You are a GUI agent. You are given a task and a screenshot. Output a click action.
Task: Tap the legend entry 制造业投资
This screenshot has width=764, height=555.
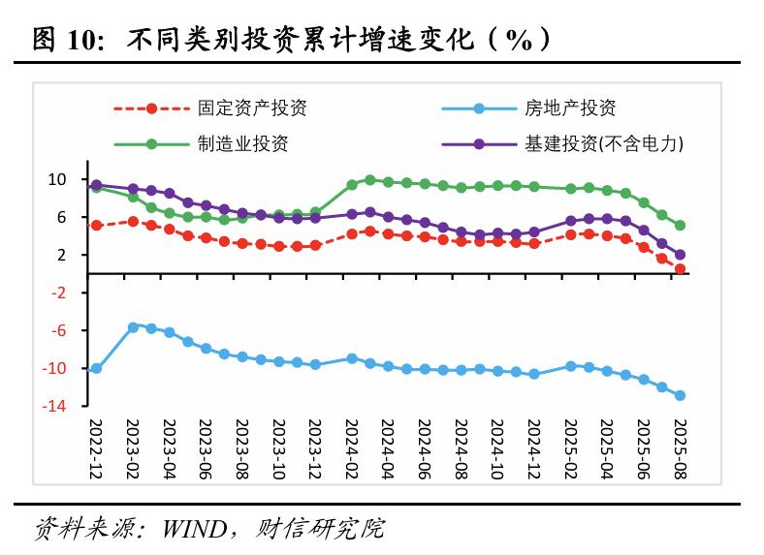[242, 144]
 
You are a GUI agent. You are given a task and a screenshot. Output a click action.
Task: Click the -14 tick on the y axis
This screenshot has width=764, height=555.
[54, 406]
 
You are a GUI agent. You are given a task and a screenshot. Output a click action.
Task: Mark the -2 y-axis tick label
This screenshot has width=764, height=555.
[57, 293]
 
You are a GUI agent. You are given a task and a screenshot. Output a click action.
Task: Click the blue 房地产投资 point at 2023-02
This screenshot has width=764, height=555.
[133, 327]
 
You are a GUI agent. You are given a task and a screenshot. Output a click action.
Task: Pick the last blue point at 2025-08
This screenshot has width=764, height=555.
[680, 395]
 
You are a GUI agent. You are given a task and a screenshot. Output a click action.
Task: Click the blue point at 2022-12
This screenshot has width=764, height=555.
[96, 368]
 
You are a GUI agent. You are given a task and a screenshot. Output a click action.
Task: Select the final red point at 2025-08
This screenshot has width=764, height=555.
[680, 269]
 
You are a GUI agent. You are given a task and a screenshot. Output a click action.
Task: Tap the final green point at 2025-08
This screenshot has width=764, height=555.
[680, 226]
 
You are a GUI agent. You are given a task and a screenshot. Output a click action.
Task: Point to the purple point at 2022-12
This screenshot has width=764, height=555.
[96, 184]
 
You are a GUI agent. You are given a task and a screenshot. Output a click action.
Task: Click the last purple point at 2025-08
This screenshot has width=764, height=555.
[680, 255]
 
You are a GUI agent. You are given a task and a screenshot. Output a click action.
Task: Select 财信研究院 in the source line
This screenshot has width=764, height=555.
[320, 529]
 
